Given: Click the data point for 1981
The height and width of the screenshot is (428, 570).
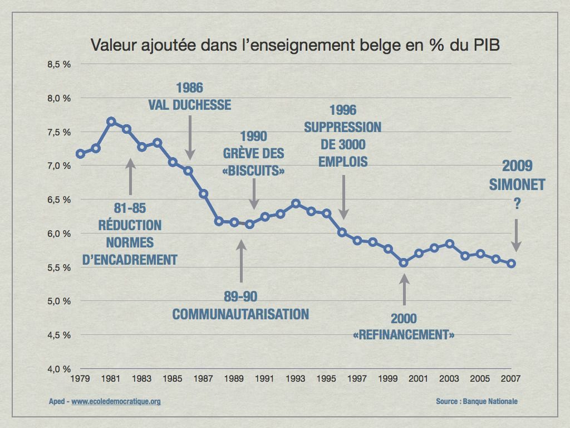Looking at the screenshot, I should pos(111,121).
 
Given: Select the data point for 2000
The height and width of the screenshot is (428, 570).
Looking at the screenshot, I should pos(404,262).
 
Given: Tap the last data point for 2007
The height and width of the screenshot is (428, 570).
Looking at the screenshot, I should pos(511,264).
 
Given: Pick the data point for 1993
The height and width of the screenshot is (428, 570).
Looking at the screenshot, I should pos(296,203).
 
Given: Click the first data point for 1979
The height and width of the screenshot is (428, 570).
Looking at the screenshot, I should pos(80,154).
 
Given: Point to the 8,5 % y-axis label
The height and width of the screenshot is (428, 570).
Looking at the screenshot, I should pos(59,65).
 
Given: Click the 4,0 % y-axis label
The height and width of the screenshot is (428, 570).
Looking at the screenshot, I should pos(59,369).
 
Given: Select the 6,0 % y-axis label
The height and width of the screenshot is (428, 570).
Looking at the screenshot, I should pos(59,234).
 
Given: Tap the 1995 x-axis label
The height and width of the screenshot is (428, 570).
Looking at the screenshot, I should pos(326,379).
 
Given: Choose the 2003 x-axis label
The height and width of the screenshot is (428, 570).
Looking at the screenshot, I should pos(449,379).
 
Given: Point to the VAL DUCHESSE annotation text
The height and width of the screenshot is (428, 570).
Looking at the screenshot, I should pos(189,105).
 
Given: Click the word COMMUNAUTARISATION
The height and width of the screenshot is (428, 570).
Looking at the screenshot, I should pos(240,314).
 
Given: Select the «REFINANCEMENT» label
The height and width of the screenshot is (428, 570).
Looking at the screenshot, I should pos(404,335).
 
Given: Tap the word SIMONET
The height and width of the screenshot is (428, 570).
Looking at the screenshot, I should pos(517,185).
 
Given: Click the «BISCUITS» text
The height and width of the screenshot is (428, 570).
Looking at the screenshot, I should pos(253,171).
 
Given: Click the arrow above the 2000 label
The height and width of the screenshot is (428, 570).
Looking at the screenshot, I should pos(404,290).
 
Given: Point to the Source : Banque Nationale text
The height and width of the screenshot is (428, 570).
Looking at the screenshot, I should pos(477,401).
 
